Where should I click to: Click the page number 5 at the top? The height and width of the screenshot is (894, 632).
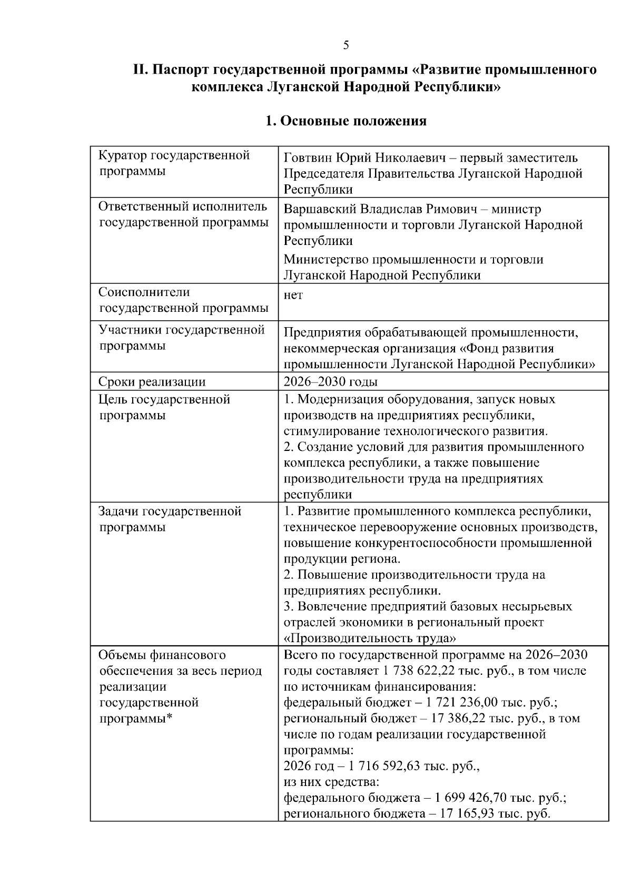[x=346, y=45]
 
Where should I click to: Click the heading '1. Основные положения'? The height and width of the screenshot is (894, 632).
[x=346, y=121]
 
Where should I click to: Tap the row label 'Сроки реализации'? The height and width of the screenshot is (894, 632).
[x=152, y=381]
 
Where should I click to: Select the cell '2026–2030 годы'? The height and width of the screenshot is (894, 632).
[x=330, y=381]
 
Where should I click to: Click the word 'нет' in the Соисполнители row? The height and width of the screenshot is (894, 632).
[x=293, y=295]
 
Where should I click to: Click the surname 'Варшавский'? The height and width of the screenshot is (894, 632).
[x=320, y=209]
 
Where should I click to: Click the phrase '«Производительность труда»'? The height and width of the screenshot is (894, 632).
[x=370, y=638]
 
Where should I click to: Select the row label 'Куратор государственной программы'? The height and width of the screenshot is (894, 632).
[x=174, y=163]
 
